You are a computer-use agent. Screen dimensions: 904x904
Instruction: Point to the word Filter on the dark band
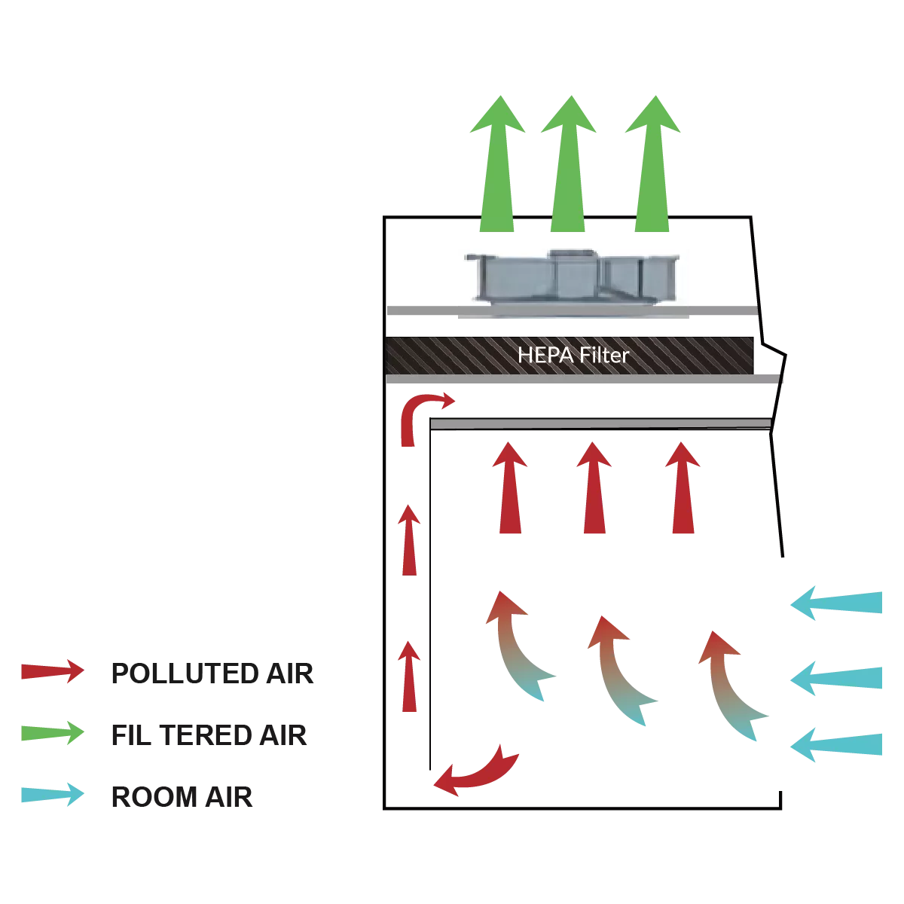click(x=601, y=354)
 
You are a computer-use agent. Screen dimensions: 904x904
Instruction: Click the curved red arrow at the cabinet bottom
click(x=476, y=771)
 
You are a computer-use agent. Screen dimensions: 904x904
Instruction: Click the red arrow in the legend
click(x=51, y=671)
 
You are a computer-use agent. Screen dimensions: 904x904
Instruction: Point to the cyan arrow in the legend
click(x=51, y=794)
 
